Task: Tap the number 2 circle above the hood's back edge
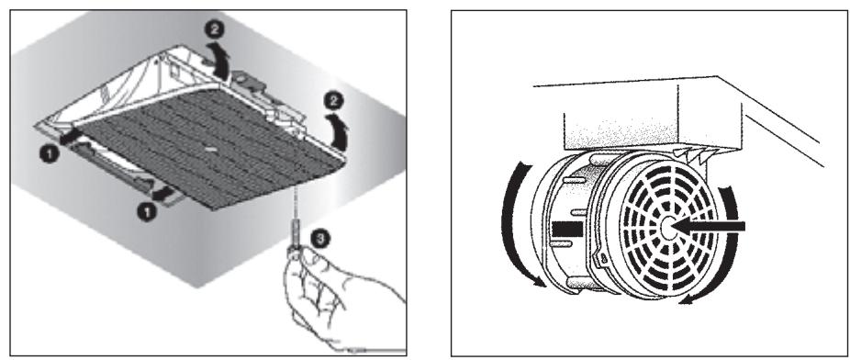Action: click(216, 30)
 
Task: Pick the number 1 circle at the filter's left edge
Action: click(50, 155)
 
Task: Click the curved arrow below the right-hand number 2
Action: click(341, 131)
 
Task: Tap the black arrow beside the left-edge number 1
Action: click(71, 138)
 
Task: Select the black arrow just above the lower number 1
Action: click(162, 193)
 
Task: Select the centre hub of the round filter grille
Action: click(666, 227)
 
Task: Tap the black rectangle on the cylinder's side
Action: click(566, 229)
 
